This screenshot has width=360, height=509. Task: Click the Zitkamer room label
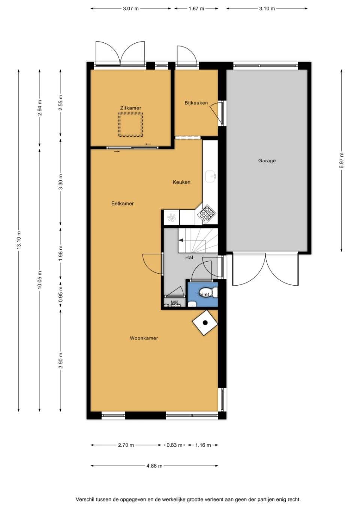130,108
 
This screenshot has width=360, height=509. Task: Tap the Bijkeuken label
196,103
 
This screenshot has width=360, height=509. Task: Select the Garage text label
267,161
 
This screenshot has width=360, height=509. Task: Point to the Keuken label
181,182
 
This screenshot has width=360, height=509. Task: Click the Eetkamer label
122,204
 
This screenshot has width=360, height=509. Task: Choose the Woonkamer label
144,338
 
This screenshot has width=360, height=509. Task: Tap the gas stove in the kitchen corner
207,214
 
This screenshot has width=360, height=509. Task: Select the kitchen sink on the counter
211,176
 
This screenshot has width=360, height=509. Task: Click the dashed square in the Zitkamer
130,125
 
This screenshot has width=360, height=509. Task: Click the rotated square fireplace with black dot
205,323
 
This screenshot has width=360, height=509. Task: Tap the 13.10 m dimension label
19,240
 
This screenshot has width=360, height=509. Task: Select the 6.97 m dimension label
341,160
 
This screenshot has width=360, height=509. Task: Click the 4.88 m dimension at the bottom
154,466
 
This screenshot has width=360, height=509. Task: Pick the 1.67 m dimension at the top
196,9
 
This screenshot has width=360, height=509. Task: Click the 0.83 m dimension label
174,445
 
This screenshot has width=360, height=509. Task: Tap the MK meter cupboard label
174,302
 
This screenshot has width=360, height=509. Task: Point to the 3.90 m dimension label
61,361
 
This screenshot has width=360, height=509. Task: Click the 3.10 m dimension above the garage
267,9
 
